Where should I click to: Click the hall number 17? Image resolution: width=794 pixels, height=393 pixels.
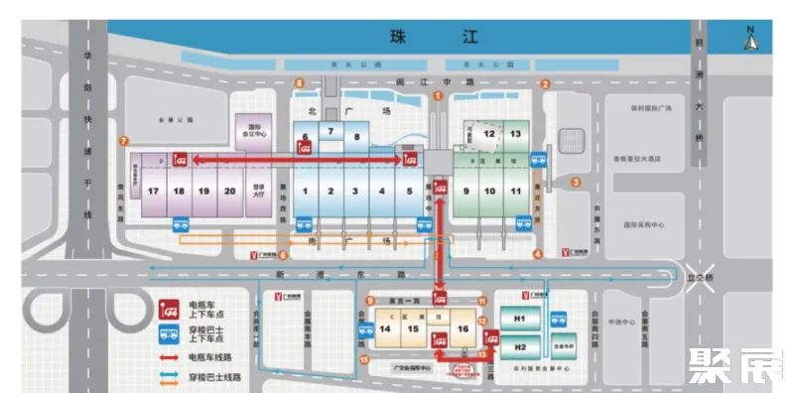153,190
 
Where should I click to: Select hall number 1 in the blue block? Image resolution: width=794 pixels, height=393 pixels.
307,190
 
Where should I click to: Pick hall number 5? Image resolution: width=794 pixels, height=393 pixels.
409,190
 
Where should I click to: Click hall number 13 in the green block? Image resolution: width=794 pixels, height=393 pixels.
515,133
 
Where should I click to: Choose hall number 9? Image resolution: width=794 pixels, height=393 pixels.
465,190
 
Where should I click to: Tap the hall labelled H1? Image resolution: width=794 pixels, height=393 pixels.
518,319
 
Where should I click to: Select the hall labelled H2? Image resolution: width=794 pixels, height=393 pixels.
518,347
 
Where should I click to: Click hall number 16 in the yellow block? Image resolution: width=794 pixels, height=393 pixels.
463,328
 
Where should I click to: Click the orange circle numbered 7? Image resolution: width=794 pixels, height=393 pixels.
123,142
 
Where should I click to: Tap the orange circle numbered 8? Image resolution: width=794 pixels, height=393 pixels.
299,82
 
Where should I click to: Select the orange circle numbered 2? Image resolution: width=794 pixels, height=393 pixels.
545,84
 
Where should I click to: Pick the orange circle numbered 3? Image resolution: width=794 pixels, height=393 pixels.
576,182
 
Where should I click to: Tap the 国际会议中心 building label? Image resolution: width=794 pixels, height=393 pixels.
254,130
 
